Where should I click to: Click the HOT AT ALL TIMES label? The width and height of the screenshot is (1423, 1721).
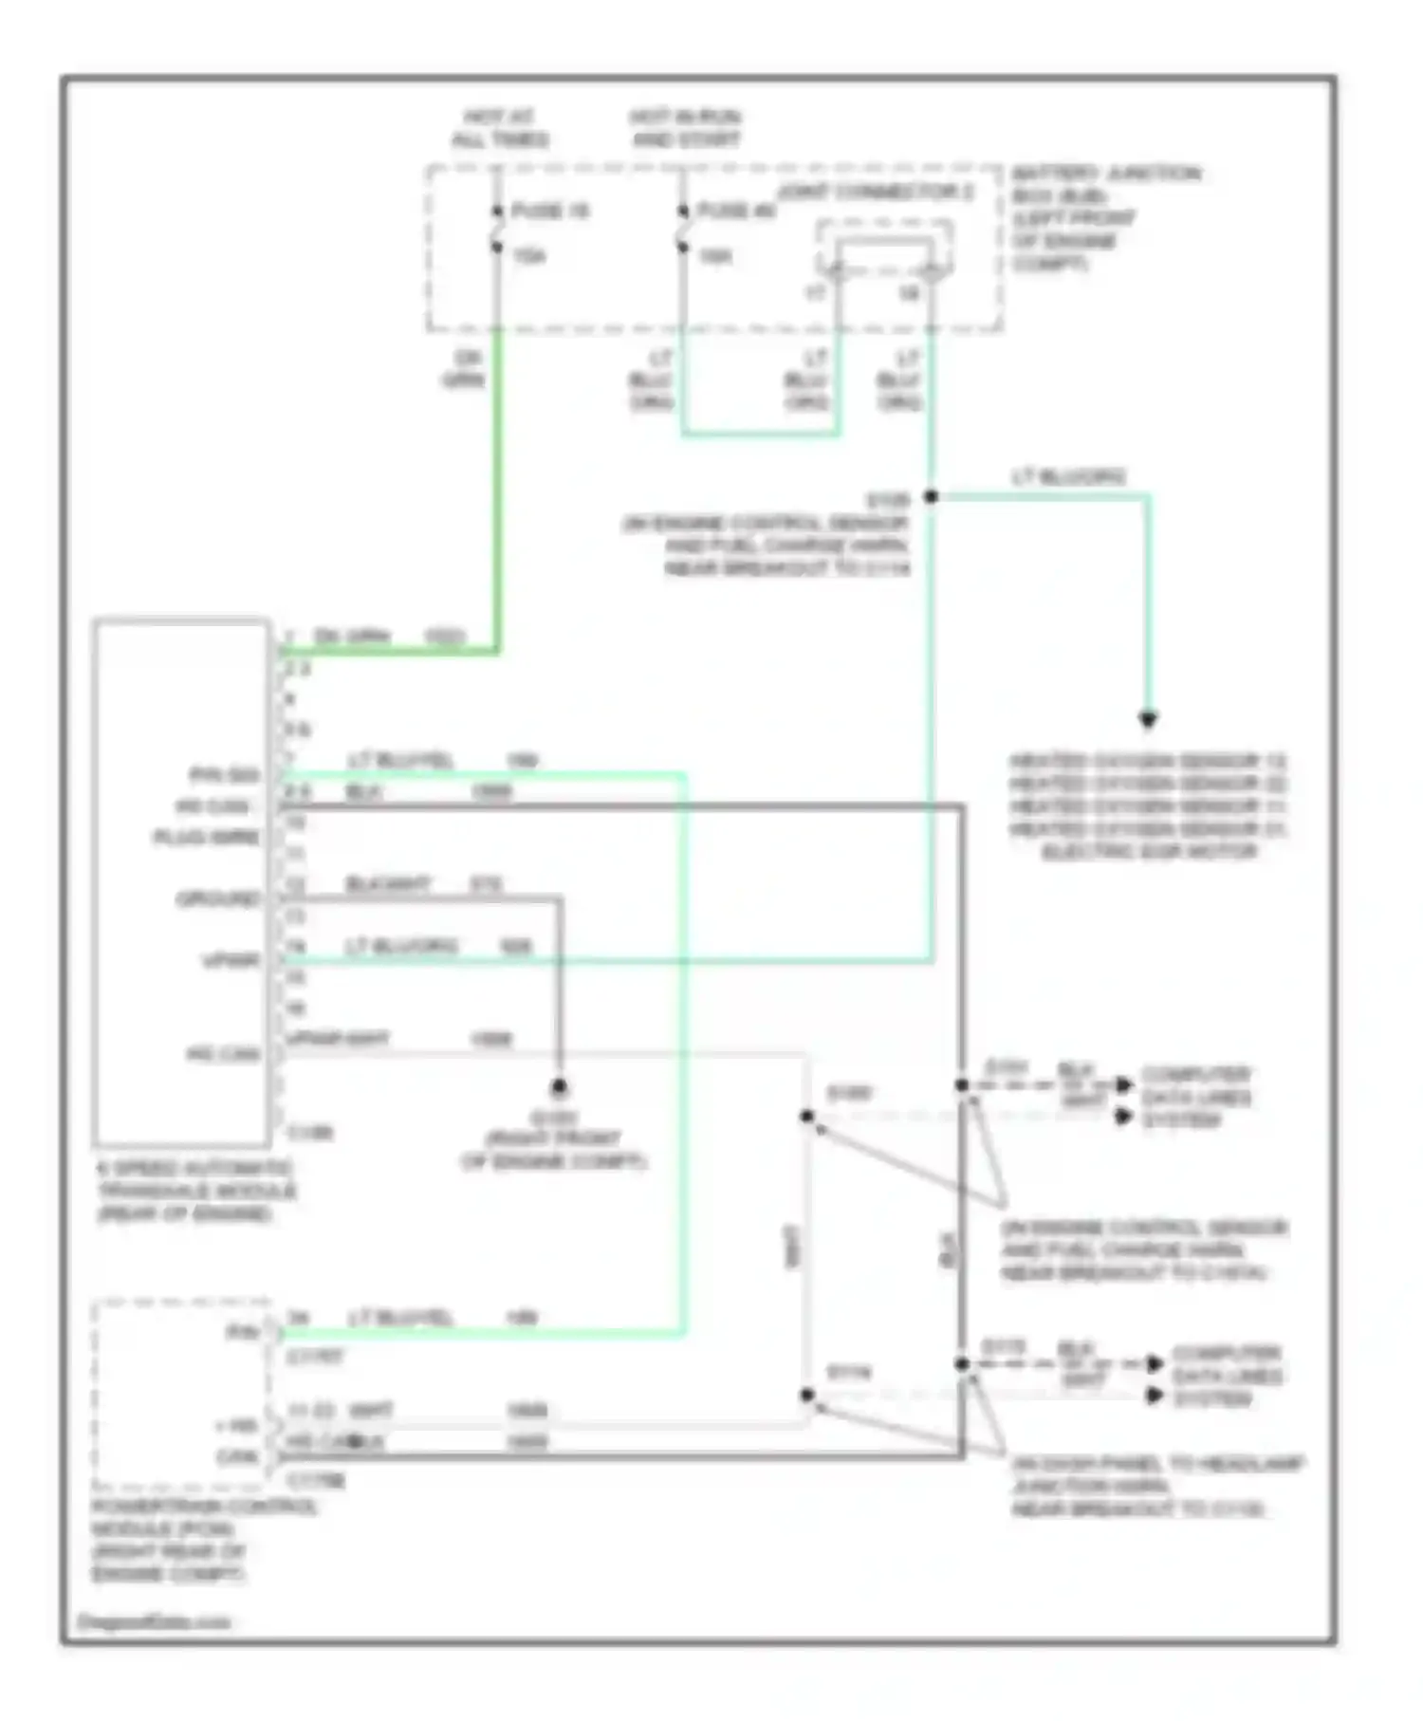(x=500, y=128)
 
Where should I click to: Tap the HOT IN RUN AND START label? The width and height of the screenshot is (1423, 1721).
(x=685, y=128)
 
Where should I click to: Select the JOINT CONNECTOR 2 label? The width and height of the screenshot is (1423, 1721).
(x=876, y=193)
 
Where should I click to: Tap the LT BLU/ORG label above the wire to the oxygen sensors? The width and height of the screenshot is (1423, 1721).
(x=1069, y=477)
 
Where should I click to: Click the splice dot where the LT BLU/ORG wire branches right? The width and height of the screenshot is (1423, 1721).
(x=932, y=496)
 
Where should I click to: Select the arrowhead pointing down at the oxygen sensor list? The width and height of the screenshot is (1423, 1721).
(x=1148, y=720)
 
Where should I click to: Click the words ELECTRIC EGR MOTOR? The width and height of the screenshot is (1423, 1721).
(x=1149, y=852)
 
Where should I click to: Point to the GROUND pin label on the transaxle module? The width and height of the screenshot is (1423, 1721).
(x=218, y=898)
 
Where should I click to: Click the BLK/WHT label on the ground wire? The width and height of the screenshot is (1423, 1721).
(x=387, y=884)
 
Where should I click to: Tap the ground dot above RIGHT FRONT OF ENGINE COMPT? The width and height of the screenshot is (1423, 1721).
(x=560, y=1087)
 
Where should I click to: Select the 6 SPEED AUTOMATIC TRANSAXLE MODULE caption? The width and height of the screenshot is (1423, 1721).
(x=195, y=1191)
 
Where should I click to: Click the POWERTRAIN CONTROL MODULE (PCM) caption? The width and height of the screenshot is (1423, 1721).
(x=203, y=1540)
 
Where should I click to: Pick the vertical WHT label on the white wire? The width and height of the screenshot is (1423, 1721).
(x=793, y=1246)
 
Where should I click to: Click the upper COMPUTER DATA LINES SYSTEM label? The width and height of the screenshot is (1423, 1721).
(x=1195, y=1098)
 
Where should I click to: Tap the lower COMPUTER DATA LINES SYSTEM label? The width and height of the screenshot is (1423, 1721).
(x=1227, y=1376)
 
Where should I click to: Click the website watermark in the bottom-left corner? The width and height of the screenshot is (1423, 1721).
(x=153, y=1621)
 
